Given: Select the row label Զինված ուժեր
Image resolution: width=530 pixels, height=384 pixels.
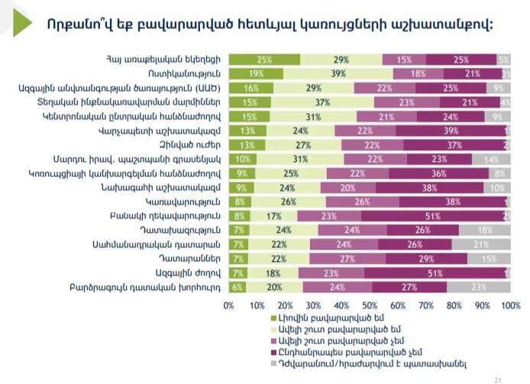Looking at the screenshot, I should coord(196,145).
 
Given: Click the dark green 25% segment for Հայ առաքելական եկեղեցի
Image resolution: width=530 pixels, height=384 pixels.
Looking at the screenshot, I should coord(264,60).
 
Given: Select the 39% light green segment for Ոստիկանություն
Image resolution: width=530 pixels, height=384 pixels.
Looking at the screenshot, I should coord(338,74).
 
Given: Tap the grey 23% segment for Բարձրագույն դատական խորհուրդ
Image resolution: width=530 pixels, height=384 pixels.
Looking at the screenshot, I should coord(478,287).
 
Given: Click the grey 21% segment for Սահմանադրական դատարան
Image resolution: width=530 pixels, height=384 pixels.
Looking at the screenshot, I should coord(480,244).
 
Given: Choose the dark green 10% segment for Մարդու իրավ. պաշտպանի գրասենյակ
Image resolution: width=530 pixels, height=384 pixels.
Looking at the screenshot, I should coord(242,159).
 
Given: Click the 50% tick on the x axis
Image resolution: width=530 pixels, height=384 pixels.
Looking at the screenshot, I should coord(370,305).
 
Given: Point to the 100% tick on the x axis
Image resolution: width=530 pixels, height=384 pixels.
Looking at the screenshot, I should coord(510,305).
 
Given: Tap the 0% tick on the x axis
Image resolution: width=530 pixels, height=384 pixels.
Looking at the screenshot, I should coord(228,305).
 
